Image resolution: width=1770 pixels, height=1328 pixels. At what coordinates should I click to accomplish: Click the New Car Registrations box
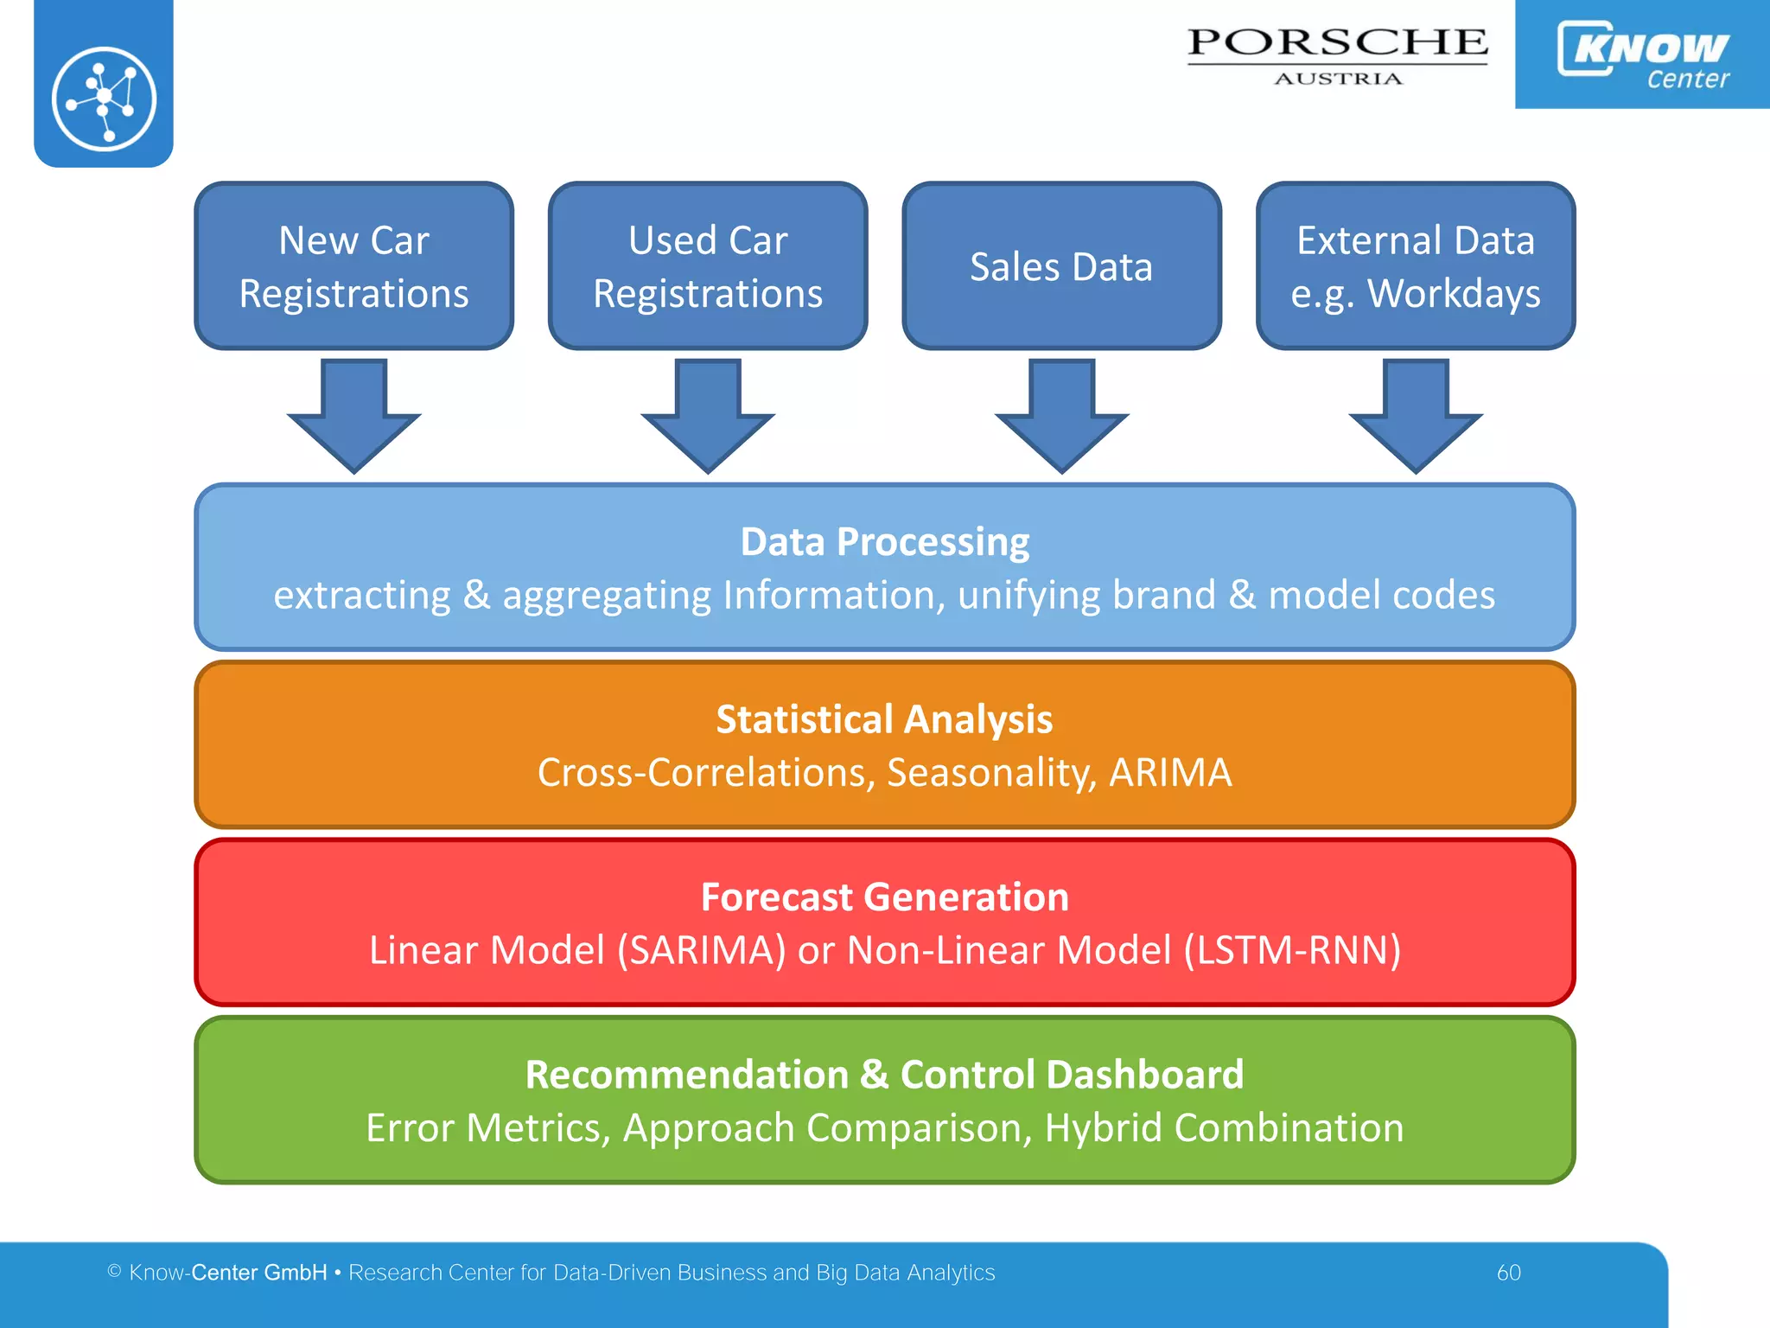(x=353, y=266)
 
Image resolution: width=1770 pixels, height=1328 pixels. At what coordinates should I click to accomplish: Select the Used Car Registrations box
(x=707, y=266)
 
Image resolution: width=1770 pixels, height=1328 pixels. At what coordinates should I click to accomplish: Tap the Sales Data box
(x=1061, y=266)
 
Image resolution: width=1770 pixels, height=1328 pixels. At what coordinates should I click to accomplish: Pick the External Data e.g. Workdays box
(x=1415, y=266)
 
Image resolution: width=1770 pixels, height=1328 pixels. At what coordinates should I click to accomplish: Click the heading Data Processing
(x=885, y=542)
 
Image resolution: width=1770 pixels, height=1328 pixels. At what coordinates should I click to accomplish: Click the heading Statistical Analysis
(x=885, y=719)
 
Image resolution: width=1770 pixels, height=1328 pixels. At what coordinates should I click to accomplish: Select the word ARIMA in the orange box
(x=1170, y=773)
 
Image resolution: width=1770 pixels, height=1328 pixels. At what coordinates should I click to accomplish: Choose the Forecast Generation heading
(x=885, y=897)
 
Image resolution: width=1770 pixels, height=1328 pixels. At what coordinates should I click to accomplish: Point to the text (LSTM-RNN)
(x=1292, y=950)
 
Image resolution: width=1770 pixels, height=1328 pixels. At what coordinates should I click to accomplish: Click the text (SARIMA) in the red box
(x=701, y=950)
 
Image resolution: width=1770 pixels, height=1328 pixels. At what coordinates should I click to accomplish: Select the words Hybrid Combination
(x=1224, y=1128)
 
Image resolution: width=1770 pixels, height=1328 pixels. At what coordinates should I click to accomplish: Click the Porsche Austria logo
(x=1337, y=54)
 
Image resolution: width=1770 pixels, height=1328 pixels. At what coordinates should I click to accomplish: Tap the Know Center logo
(x=1642, y=54)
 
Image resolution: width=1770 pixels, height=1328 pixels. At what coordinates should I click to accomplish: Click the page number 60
(x=1508, y=1273)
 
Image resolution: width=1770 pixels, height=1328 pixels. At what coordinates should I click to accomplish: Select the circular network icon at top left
(x=104, y=99)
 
